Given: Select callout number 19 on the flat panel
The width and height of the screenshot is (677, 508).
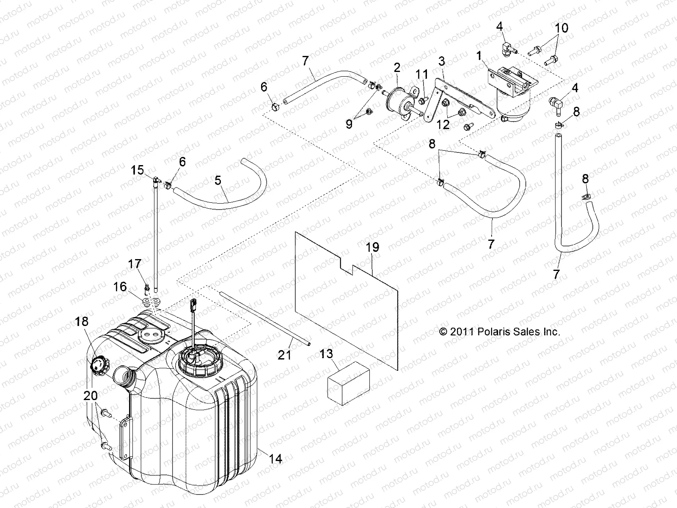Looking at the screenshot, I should [x=373, y=247].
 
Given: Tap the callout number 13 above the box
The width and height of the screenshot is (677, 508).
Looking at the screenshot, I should [x=326, y=354].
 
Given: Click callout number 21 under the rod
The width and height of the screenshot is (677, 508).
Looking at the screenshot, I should [x=284, y=354].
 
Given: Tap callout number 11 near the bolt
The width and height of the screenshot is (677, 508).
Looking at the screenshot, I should [x=422, y=75].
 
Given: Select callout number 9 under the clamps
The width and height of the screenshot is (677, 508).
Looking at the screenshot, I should [x=349, y=124].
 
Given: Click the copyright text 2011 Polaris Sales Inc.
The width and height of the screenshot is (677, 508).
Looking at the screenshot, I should [x=499, y=331].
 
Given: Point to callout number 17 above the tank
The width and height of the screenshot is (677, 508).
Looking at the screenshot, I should [x=135, y=264].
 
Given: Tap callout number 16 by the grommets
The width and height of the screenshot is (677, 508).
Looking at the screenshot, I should [x=120, y=287].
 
